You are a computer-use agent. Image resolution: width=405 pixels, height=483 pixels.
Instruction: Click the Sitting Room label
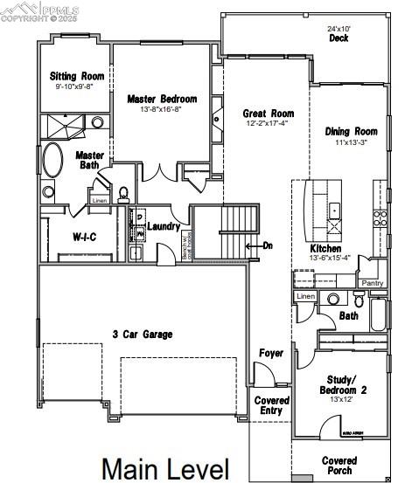(74, 77)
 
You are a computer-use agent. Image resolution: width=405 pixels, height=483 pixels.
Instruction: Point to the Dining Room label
(350, 132)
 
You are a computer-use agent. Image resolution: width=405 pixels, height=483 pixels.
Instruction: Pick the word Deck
(339, 38)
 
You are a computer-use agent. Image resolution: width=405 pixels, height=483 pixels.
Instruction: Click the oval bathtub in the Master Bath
(52, 162)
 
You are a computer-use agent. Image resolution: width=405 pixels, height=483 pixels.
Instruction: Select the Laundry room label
(164, 227)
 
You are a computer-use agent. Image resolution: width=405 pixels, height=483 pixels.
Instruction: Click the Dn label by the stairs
(268, 245)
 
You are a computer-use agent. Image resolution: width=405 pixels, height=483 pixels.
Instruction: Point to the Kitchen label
(325, 248)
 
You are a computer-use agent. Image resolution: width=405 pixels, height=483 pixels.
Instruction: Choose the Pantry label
(373, 283)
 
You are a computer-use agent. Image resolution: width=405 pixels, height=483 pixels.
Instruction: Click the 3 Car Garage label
(142, 334)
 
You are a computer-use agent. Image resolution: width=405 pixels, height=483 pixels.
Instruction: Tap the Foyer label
(271, 353)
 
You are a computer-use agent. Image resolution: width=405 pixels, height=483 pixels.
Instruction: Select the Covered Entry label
(271, 405)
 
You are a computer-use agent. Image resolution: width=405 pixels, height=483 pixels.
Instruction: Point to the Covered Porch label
(339, 466)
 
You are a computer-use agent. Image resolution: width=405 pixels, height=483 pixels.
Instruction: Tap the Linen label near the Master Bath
(99, 201)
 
